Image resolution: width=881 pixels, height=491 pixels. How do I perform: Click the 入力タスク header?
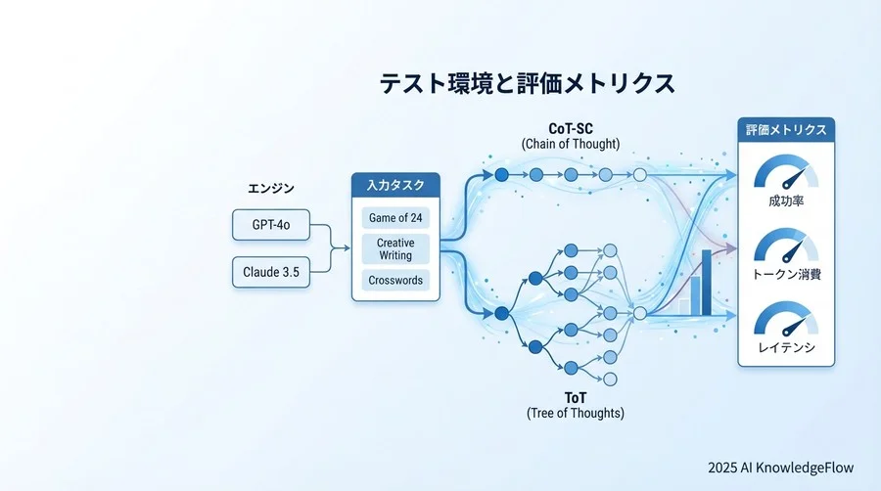pyautogui.click(x=395, y=185)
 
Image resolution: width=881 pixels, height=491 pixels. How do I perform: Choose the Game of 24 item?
pyautogui.click(x=395, y=217)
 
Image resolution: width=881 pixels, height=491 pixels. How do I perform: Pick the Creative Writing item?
pyautogui.click(x=395, y=248)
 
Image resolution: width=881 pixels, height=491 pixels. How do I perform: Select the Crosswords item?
pyautogui.click(x=395, y=280)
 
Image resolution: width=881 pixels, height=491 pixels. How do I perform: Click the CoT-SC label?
pyautogui.click(x=570, y=128)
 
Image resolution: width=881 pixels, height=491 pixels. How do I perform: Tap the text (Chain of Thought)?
pyautogui.click(x=570, y=145)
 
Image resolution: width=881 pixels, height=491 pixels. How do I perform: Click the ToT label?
pyautogui.click(x=575, y=397)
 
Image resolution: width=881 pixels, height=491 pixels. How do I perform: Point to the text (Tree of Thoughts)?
pyautogui.click(x=575, y=413)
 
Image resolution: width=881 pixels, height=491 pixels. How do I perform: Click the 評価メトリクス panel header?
pyautogui.click(x=786, y=129)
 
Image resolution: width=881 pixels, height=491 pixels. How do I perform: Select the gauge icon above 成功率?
pyautogui.click(x=786, y=173)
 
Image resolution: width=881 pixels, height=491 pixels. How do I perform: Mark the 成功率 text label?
pyautogui.click(x=786, y=202)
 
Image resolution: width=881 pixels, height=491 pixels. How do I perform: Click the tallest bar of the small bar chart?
pyautogui.click(x=706, y=282)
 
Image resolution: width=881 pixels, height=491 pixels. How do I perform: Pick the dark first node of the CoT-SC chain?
pyautogui.click(x=502, y=174)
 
